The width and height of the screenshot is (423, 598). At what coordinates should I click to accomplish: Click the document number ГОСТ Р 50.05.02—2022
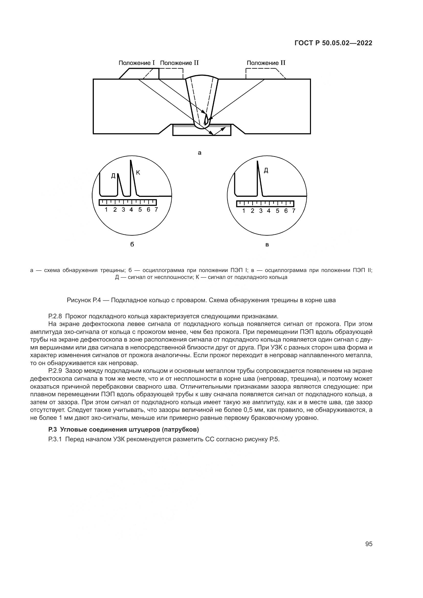(x=333, y=43)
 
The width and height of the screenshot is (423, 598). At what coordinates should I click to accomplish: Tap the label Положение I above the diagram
(x=137, y=63)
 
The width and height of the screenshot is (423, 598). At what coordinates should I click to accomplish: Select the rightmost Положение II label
(x=266, y=63)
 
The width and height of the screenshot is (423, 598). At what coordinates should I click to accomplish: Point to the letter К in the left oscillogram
(x=138, y=172)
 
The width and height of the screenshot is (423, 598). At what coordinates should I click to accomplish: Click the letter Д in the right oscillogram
(x=266, y=170)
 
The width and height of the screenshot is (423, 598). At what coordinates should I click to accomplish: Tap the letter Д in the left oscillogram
(x=113, y=176)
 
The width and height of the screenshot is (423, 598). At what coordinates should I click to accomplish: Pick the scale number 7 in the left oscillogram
(x=156, y=209)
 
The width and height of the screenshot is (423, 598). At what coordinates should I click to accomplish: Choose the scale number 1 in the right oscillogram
(x=243, y=211)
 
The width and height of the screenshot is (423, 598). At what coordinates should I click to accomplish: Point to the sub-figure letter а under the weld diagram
(x=199, y=153)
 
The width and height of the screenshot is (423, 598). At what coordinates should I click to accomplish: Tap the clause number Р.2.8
(x=55, y=317)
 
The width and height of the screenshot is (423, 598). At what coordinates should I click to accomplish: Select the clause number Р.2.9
(x=55, y=371)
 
